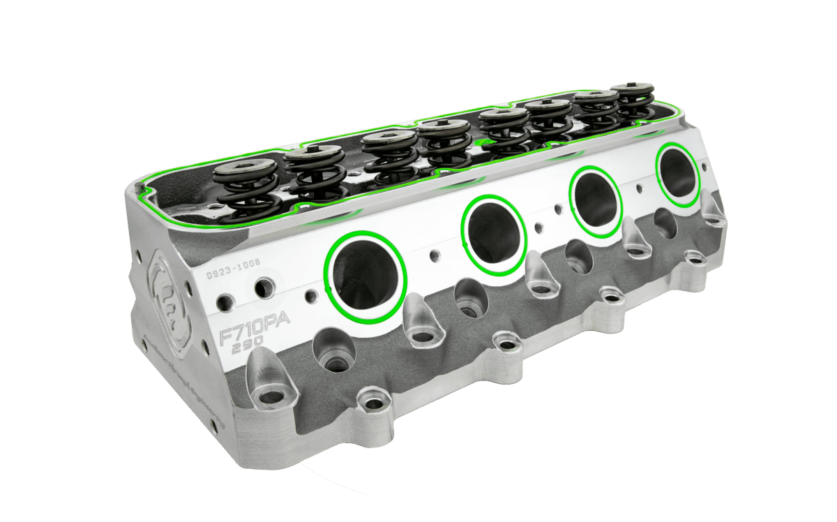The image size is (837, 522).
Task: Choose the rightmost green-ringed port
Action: [x=677, y=174]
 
